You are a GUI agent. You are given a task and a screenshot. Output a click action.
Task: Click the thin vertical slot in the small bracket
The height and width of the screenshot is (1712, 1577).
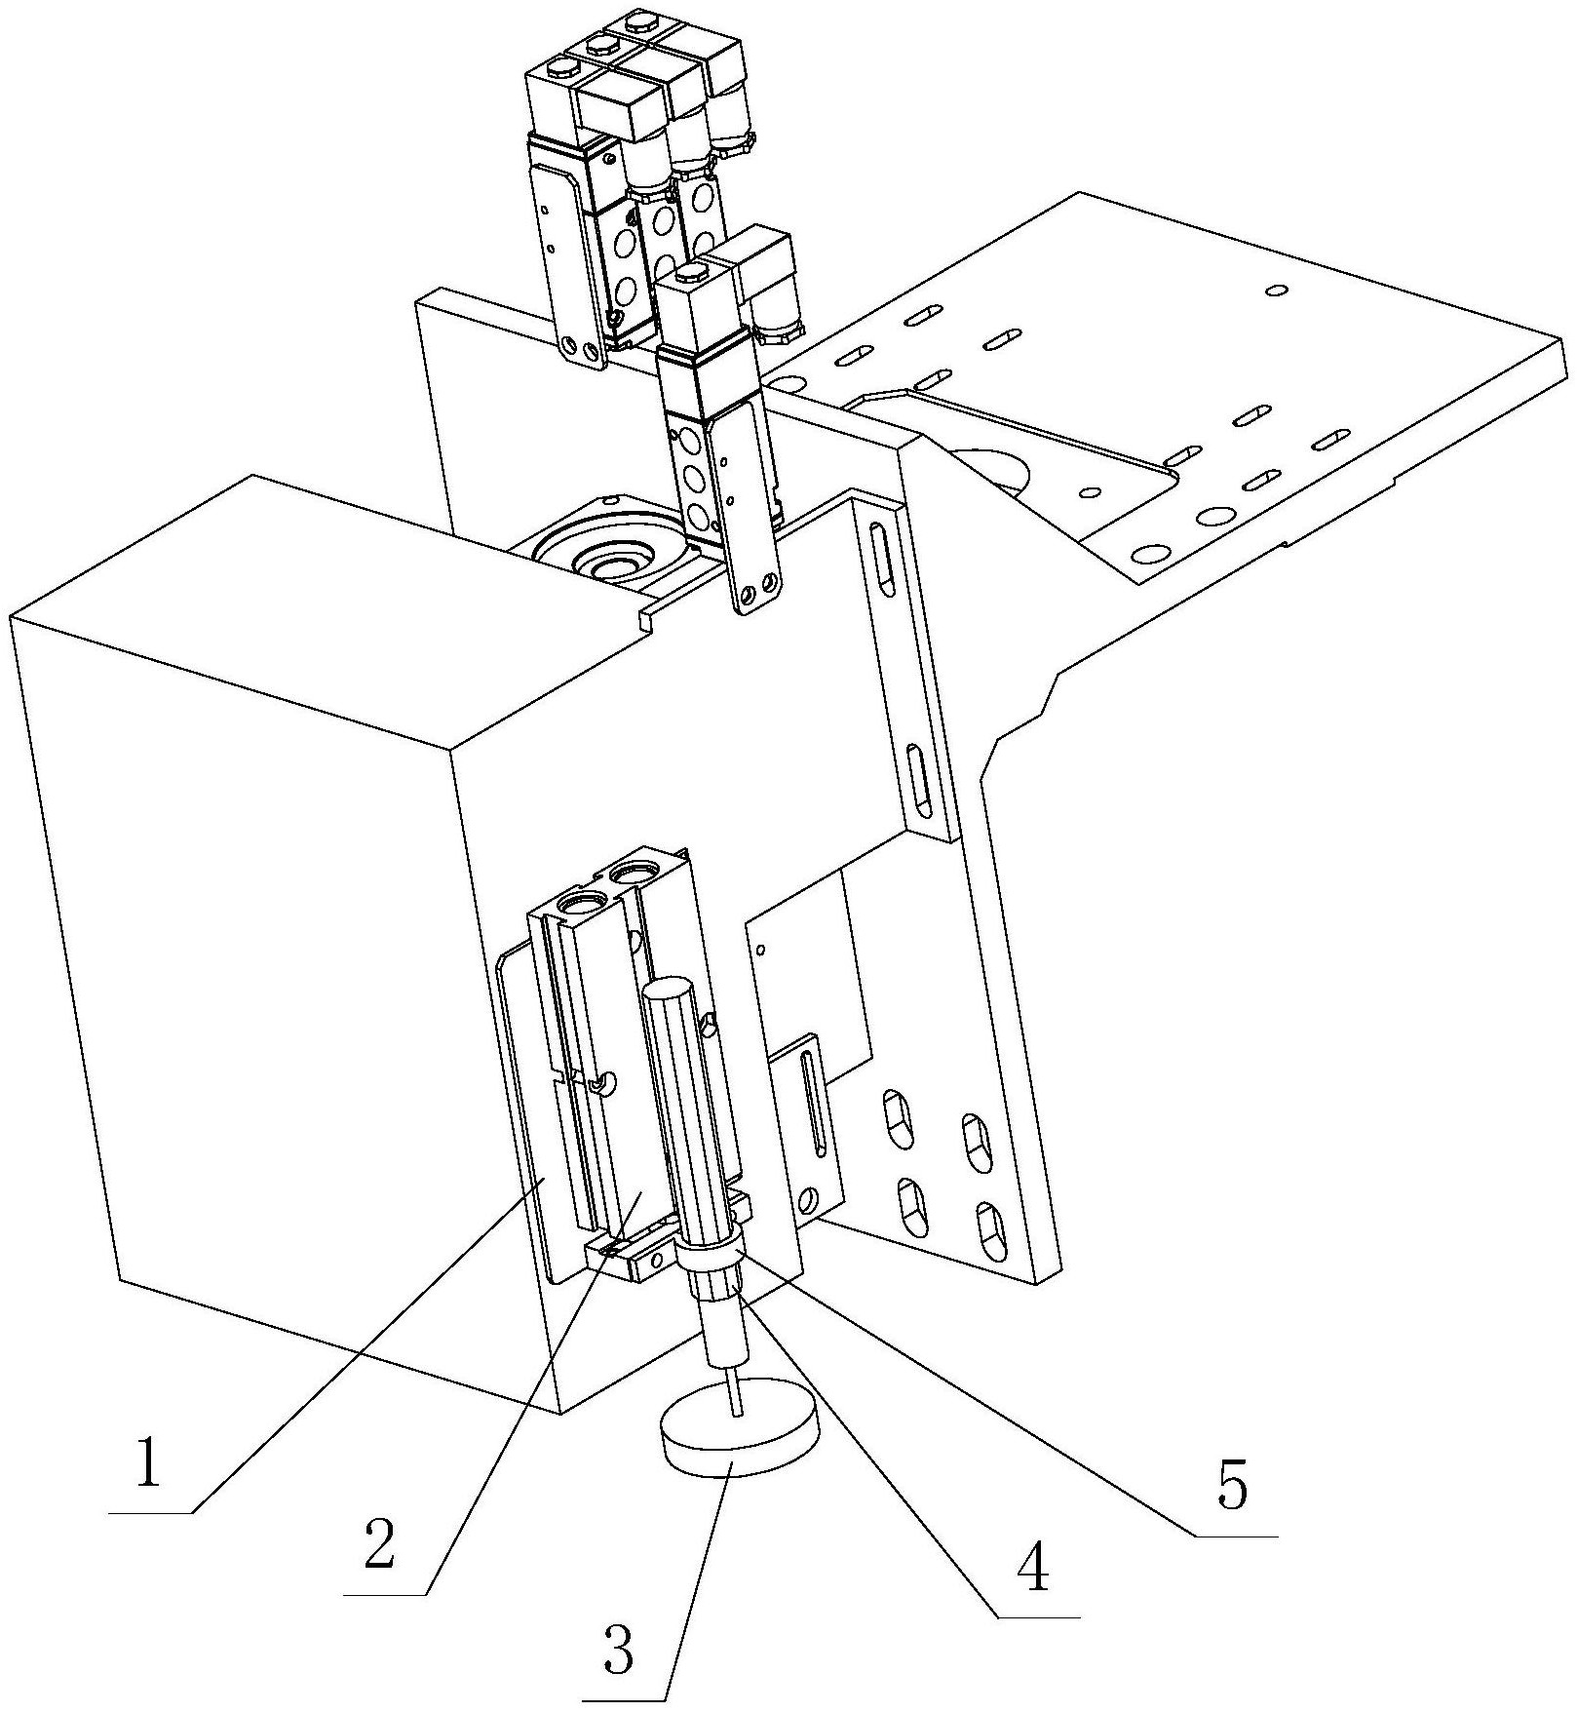[812, 1107]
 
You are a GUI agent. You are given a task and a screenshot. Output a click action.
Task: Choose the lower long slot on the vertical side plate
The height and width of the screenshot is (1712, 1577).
[921, 783]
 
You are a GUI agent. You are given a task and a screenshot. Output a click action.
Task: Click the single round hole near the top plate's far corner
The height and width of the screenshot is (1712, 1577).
[1277, 290]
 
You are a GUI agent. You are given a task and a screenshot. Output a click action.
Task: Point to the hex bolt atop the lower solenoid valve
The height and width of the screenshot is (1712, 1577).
[691, 273]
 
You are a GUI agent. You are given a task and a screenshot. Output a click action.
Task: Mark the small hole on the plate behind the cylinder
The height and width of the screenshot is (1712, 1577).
[760, 947]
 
